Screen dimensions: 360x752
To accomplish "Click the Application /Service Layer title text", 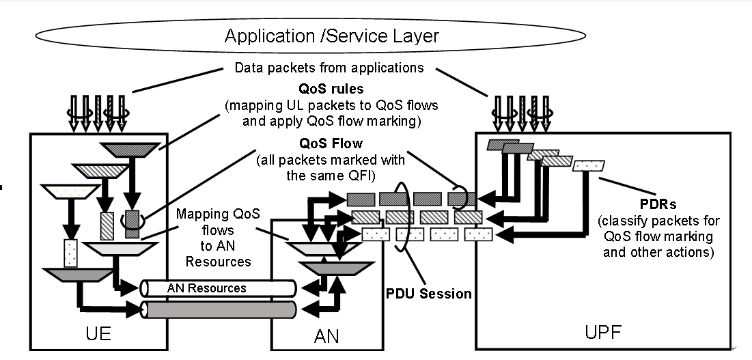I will (331, 36).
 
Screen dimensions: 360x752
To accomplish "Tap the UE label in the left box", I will (99, 334).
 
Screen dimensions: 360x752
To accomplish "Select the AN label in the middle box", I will (326, 335).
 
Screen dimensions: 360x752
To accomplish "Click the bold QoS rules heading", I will (331, 89).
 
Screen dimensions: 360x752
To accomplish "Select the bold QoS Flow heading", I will (331, 146).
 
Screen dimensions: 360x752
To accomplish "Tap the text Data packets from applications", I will (329, 68).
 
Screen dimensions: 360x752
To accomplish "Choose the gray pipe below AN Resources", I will (219, 309).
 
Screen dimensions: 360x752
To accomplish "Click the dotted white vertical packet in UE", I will (71, 253).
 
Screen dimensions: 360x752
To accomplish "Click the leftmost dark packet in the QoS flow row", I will (361, 199).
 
